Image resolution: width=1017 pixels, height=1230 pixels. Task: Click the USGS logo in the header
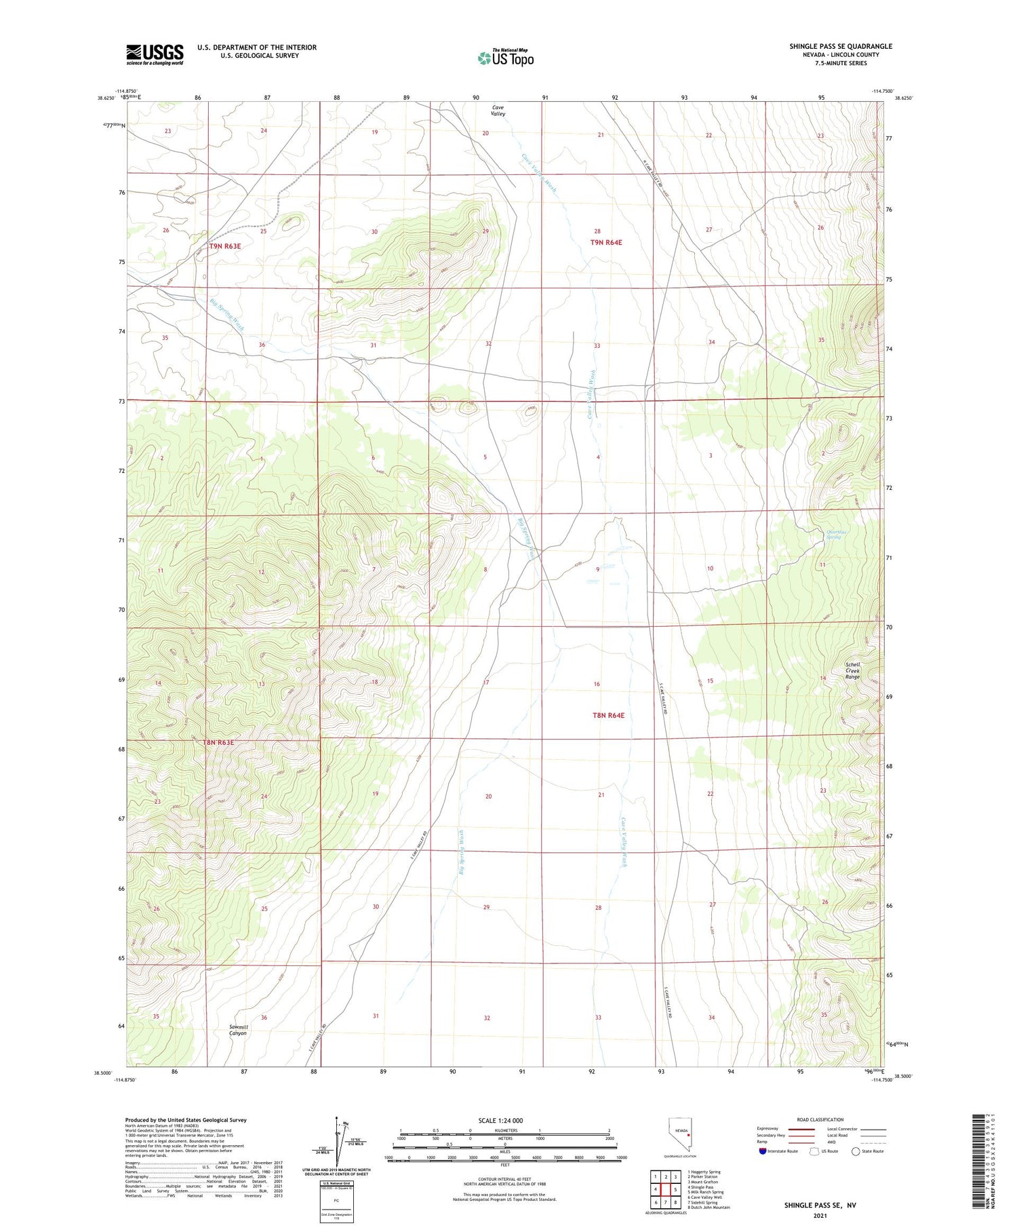pos(155,54)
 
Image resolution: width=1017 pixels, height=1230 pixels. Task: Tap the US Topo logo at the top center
pos(505,58)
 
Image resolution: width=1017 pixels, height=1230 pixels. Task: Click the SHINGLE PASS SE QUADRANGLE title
pos(840,46)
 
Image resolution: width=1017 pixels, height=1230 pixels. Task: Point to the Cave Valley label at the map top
pos(498,111)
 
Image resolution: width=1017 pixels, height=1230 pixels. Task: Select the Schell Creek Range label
pos(852,671)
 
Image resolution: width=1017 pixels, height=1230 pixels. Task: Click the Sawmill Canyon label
pos(237,1030)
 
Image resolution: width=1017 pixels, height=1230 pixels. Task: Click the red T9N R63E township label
pos(224,246)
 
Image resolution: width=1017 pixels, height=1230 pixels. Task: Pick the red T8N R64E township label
pos(607,715)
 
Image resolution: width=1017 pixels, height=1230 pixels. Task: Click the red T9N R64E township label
pos(606,242)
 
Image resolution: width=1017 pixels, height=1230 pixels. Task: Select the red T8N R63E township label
pos(218,743)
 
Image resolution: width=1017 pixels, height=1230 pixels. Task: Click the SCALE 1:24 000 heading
pos(500,1120)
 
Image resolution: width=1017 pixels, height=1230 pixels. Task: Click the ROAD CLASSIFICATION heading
pos(820,1119)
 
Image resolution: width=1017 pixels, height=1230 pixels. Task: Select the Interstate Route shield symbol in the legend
pos(763,1151)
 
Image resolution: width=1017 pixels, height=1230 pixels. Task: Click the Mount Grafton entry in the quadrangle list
pos(703,1181)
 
